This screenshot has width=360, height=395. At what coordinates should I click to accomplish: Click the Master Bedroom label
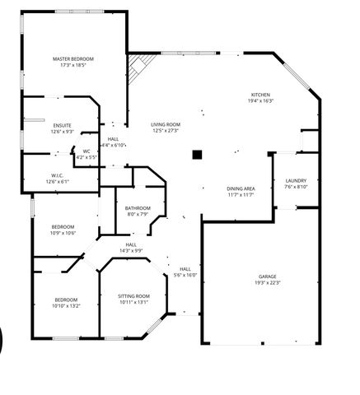click(73, 59)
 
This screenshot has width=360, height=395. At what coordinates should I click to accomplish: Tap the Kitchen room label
click(261, 95)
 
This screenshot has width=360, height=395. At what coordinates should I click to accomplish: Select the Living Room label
click(166, 124)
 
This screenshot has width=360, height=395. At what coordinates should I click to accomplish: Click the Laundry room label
click(296, 181)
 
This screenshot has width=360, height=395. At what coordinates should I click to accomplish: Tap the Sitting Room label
click(133, 295)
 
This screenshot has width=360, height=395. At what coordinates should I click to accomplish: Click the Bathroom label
click(137, 208)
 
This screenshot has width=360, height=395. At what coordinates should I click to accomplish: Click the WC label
click(86, 151)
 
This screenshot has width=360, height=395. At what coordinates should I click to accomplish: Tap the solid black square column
click(196, 155)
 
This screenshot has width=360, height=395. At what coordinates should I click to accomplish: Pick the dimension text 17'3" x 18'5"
click(73, 65)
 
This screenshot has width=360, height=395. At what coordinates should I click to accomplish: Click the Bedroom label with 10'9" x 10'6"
click(63, 227)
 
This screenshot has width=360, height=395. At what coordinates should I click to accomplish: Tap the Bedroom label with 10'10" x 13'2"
click(66, 300)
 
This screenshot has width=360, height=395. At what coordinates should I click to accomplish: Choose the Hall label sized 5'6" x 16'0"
click(185, 269)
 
